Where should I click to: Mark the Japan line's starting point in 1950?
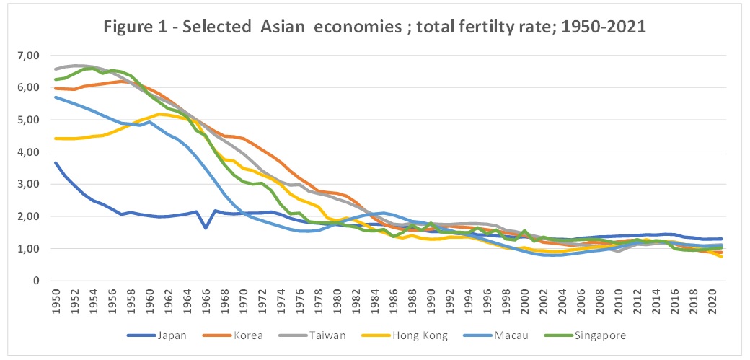(x=55, y=163)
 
